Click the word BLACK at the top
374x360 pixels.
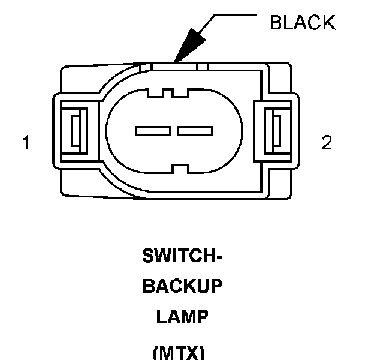click(302, 23)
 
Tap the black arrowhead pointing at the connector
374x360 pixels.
click(185, 47)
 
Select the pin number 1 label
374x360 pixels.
click(26, 143)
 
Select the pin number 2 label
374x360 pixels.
click(327, 143)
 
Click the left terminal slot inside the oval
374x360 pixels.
click(153, 130)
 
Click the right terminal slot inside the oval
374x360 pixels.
click(195, 130)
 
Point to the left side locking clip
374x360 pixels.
click(75, 130)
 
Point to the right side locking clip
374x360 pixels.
click(275, 130)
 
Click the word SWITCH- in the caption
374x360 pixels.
click(182, 257)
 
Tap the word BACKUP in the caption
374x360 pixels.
click(182, 287)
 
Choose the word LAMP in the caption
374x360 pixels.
click(182, 317)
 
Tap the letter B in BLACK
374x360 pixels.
click(276, 23)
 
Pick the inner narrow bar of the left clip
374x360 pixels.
click(76, 130)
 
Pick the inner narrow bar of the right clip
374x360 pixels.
click(276, 130)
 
